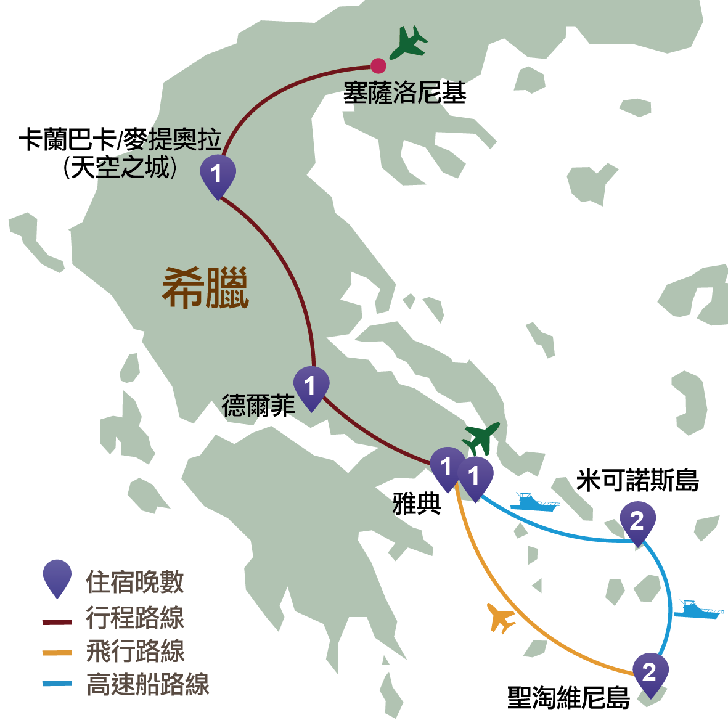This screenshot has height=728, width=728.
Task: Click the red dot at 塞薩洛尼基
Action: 378,65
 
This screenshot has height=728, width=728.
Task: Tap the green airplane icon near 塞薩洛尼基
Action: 409,41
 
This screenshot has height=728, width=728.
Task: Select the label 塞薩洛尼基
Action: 404,93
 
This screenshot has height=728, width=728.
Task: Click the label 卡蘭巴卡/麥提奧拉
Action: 120,140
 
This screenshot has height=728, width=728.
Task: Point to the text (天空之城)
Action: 120,167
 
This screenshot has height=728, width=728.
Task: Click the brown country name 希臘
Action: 205,288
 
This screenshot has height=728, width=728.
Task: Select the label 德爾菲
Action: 258,406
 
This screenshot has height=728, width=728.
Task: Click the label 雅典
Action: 417,504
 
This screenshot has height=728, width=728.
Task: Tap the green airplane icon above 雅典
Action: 481,438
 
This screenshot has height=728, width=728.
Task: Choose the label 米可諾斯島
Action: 637,480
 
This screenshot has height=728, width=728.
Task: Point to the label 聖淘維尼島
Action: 568,698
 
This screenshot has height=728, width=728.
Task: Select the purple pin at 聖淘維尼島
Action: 650,673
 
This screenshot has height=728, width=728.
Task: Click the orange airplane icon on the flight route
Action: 502,618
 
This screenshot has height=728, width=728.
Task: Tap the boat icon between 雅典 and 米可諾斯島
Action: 534,502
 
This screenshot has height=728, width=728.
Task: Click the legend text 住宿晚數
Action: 135,582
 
